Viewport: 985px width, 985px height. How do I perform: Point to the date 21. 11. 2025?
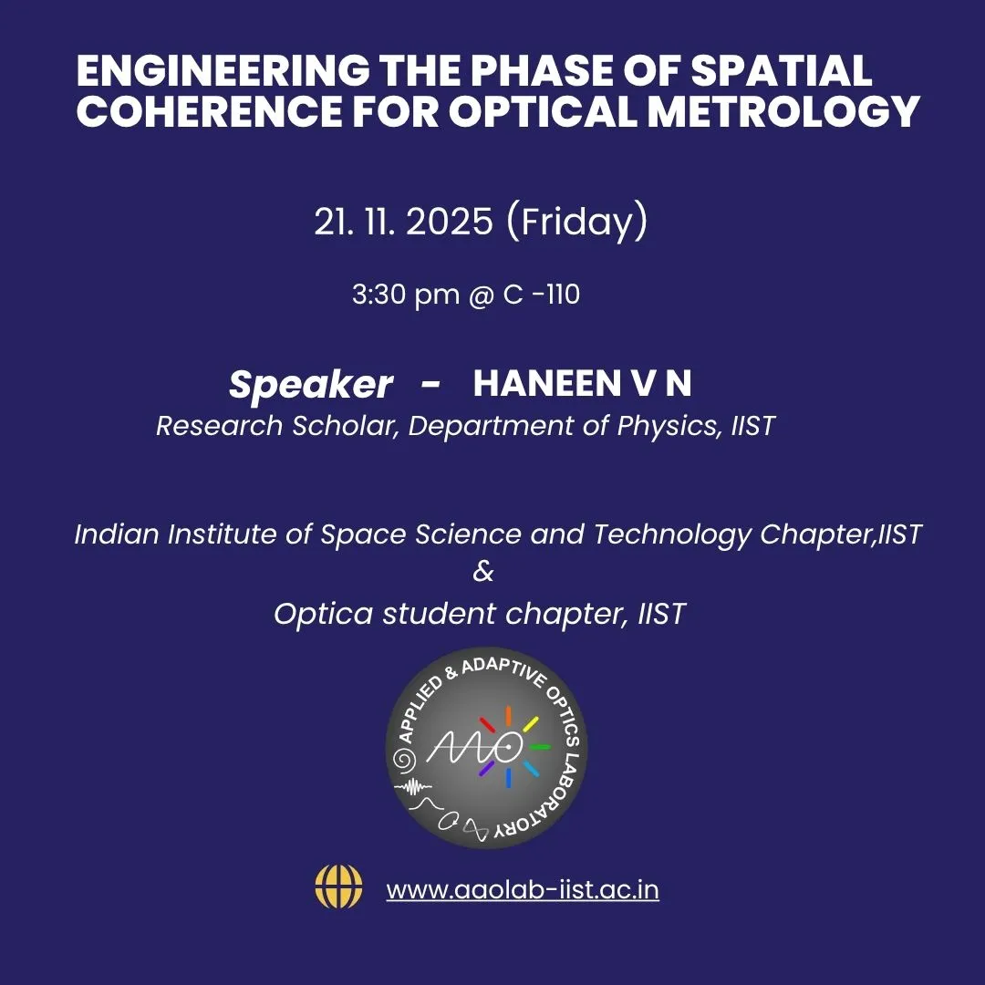(x=404, y=222)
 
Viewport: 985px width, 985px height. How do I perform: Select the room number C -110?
(x=541, y=295)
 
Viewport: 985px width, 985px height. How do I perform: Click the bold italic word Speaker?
(x=310, y=385)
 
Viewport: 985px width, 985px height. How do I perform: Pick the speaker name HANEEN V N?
(x=582, y=384)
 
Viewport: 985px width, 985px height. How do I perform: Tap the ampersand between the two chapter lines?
(x=483, y=573)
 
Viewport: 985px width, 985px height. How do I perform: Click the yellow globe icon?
(x=338, y=886)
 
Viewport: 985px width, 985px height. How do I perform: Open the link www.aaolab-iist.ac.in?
(x=523, y=889)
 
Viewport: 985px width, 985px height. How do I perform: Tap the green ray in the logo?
(x=540, y=747)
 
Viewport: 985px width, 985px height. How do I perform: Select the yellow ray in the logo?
(x=531, y=725)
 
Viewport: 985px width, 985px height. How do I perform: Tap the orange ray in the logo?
(x=509, y=715)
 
